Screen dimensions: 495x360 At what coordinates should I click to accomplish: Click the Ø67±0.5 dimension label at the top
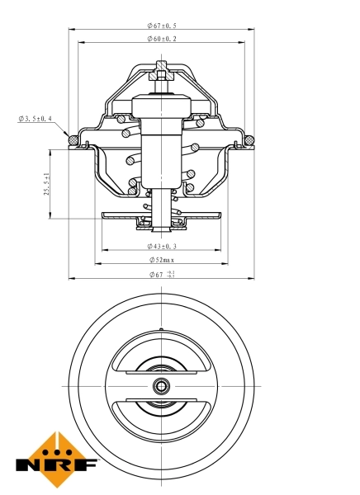click(161, 26)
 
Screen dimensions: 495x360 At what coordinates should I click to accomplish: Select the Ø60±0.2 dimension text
click(162, 39)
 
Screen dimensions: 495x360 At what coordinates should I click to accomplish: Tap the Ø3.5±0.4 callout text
click(35, 119)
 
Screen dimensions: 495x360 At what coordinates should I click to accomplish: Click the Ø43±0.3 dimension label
click(161, 246)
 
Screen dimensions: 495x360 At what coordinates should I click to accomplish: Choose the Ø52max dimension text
click(162, 260)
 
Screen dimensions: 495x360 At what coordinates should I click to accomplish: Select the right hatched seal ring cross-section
click(249, 139)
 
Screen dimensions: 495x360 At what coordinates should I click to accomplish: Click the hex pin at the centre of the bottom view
click(162, 385)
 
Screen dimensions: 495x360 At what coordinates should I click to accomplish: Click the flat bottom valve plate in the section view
click(162, 217)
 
